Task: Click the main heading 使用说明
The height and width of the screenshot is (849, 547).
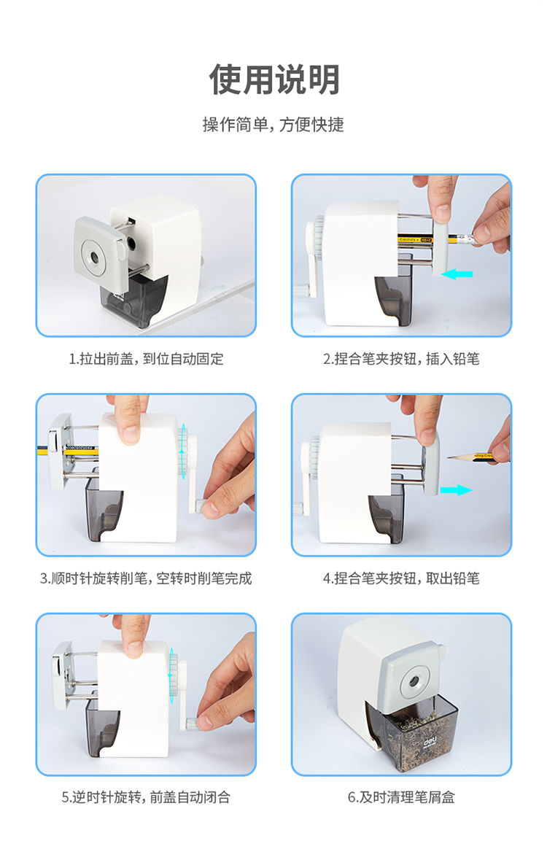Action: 274,79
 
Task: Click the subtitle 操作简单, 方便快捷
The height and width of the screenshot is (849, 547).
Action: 273,125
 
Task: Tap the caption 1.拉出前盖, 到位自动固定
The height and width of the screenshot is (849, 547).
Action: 146,359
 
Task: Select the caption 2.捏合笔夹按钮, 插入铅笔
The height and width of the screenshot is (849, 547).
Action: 401,359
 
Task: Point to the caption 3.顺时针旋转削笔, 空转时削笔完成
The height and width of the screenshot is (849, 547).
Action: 146,578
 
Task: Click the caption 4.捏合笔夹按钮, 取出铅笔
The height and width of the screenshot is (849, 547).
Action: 401,578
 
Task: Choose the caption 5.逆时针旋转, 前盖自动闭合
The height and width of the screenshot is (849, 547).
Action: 146,797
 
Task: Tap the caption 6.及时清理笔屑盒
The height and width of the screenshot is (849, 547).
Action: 401,797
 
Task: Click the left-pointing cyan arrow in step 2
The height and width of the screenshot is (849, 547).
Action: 457,274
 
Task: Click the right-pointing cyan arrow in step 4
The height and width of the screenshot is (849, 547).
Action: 456,490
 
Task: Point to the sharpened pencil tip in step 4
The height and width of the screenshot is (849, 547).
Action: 449,458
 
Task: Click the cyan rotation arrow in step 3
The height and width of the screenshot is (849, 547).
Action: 183,451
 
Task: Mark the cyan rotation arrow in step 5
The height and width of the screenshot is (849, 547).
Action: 171,675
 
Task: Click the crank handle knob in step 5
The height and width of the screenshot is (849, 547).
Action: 190,723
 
